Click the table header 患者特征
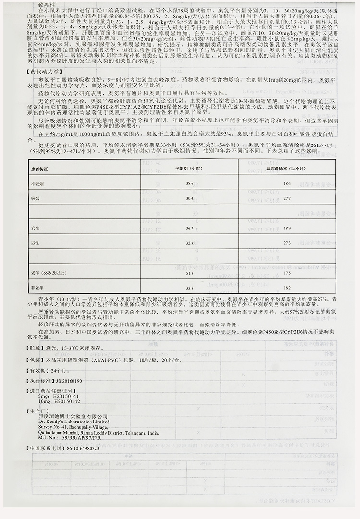coord(41,169)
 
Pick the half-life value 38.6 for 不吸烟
coord(190,184)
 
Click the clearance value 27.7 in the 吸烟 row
coord(288,198)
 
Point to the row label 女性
coord(35,228)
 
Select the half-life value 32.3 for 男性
coord(190,243)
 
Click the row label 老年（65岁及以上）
coord(49,273)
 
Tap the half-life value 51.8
coord(190,273)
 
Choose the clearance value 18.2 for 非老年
coord(288,288)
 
